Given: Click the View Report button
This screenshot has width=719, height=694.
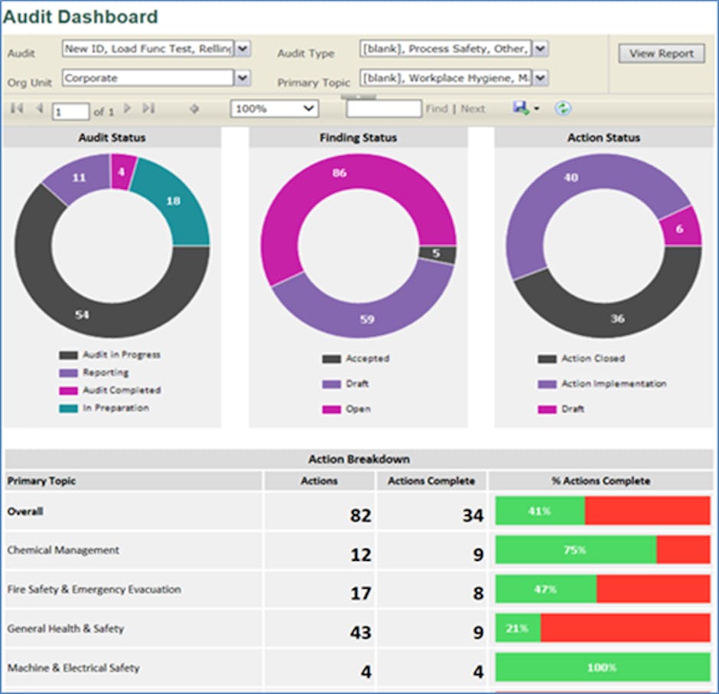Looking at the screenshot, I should point(661,54).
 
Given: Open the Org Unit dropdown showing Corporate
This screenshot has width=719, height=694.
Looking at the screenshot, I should point(242,78).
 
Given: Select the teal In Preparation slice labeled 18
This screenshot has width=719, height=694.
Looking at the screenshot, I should point(174,200).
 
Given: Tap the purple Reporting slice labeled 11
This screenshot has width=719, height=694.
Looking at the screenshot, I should point(79,178).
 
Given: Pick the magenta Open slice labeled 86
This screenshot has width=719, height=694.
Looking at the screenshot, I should point(339,173).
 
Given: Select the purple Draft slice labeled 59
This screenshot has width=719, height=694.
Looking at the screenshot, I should point(367,319).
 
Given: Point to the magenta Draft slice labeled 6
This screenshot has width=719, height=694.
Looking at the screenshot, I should point(679,229).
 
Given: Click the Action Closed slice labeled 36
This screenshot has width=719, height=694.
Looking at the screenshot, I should point(617,318).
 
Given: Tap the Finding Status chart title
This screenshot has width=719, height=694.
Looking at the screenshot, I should point(358,138).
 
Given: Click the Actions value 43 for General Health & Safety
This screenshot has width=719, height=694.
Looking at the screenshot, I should point(359,632).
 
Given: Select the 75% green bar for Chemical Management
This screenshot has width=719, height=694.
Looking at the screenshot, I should point(575,550).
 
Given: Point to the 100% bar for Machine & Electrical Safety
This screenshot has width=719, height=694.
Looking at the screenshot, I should point(602,668).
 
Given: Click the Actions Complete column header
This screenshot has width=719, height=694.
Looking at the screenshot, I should point(431,481).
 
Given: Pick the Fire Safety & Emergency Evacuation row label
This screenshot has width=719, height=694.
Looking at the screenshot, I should point(94,590).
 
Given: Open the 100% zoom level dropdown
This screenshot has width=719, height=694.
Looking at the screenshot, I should point(275,109).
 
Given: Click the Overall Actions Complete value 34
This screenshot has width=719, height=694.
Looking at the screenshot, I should point(472,515).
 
